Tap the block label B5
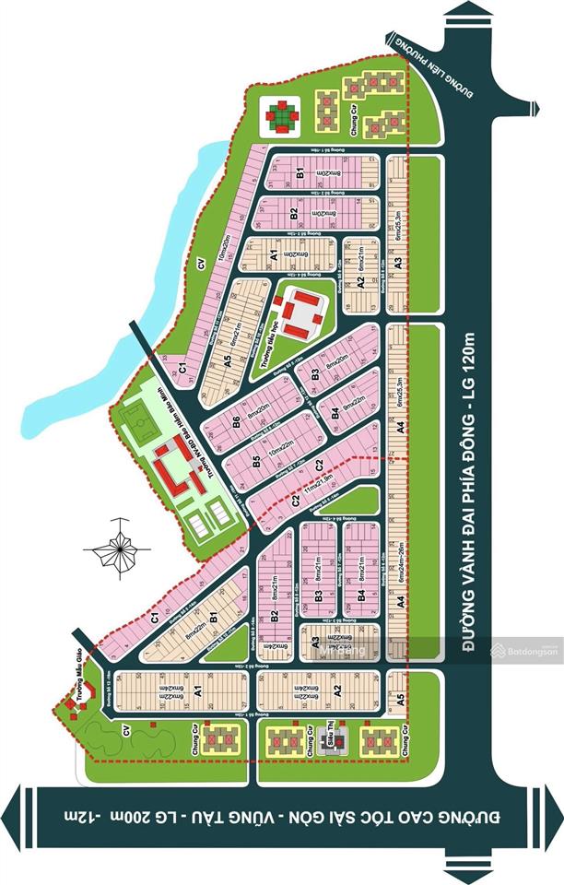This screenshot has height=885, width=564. [255, 461]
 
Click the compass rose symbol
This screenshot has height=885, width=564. [117, 549]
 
